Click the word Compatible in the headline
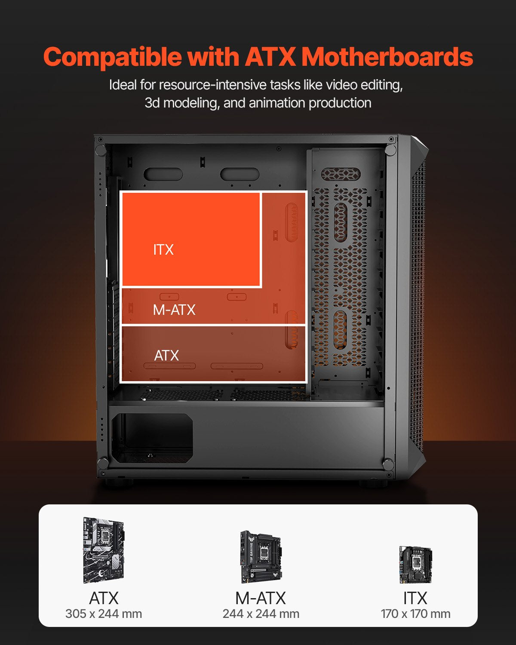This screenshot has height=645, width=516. pos(113,57)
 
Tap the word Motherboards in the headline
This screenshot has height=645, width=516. pos(387,56)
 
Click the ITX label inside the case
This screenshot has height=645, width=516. pos(163,250)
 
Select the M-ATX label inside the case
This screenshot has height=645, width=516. pos(174,310)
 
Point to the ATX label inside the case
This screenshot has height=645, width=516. pos(166,356)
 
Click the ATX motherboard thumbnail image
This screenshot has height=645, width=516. pos(104,550)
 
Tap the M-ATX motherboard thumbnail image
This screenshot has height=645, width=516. pos(261,557)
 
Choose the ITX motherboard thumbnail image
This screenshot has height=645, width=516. pos(415,564)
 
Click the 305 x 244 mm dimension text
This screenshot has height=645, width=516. pos(104,614)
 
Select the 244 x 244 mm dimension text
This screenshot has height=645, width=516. pos(261,614)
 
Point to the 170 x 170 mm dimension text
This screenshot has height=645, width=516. pos(415,614)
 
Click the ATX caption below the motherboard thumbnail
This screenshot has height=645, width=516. pos(104,598)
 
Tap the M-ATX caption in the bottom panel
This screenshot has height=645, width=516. pos(261,598)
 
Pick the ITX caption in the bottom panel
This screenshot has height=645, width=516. pos(415,598)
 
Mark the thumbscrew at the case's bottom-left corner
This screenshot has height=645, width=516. pos(103,464)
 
